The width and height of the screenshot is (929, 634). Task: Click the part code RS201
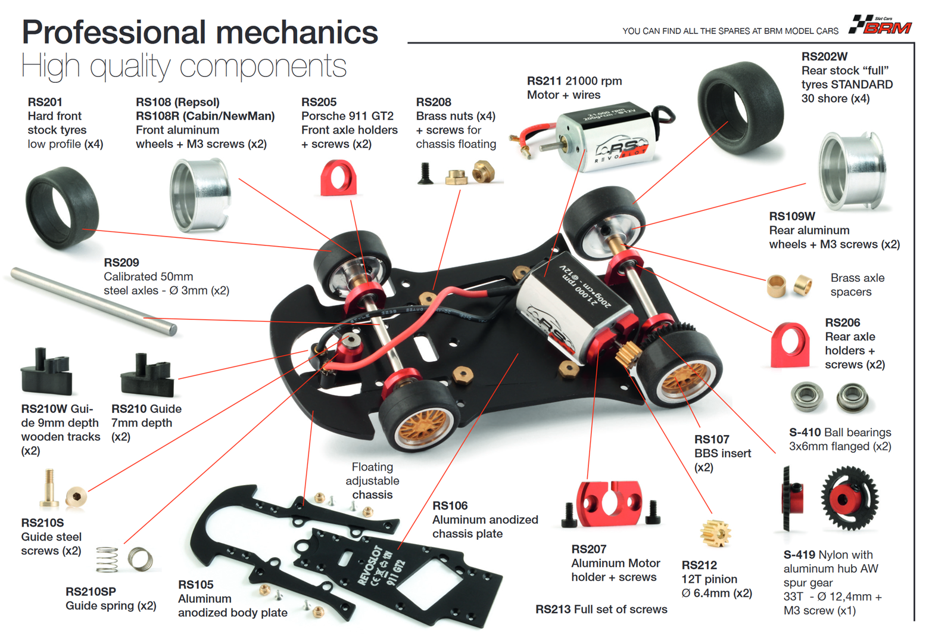(x=45, y=102)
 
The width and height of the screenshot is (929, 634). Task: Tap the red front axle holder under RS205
(x=338, y=178)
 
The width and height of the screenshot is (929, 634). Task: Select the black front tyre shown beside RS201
(x=61, y=207)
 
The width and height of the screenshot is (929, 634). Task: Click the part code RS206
(x=842, y=322)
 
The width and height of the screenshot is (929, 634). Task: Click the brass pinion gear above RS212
(x=715, y=533)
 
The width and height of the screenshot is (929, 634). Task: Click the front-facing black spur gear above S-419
(x=849, y=499)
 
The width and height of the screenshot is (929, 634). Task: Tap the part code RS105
(x=195, y=585)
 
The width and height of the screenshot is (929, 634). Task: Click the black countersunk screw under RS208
(x=425, y=174)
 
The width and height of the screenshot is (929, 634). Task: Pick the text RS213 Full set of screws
(x=601, y=609)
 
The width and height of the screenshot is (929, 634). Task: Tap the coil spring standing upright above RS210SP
(x=107, y=560)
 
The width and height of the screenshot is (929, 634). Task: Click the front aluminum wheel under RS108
(x=200, y=195)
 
